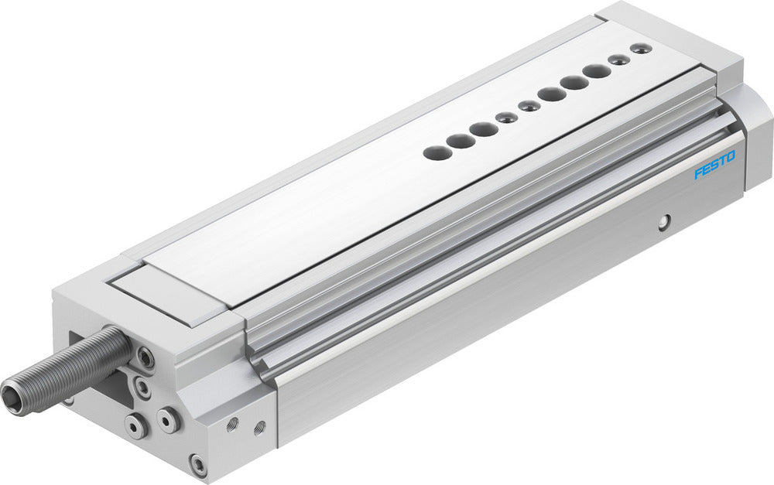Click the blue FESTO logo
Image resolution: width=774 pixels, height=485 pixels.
(x=714, y=165)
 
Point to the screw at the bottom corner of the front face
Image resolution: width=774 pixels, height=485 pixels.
(x=198, y=465)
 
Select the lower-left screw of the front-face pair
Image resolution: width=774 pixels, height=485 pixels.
(x=136, y=425)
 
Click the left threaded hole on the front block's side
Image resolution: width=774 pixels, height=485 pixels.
(x=232, y=422)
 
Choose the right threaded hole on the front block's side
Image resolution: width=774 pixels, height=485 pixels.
(x=259, y=425)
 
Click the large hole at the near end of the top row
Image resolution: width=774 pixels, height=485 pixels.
(x=437, y=152)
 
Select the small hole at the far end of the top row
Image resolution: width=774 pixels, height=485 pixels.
(x=639, y=49)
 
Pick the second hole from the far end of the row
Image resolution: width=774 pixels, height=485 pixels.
(x=617, y=60)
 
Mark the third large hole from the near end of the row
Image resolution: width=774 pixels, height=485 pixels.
(x=484, y=128)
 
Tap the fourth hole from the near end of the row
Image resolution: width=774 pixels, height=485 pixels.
(x=507, y=117)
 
